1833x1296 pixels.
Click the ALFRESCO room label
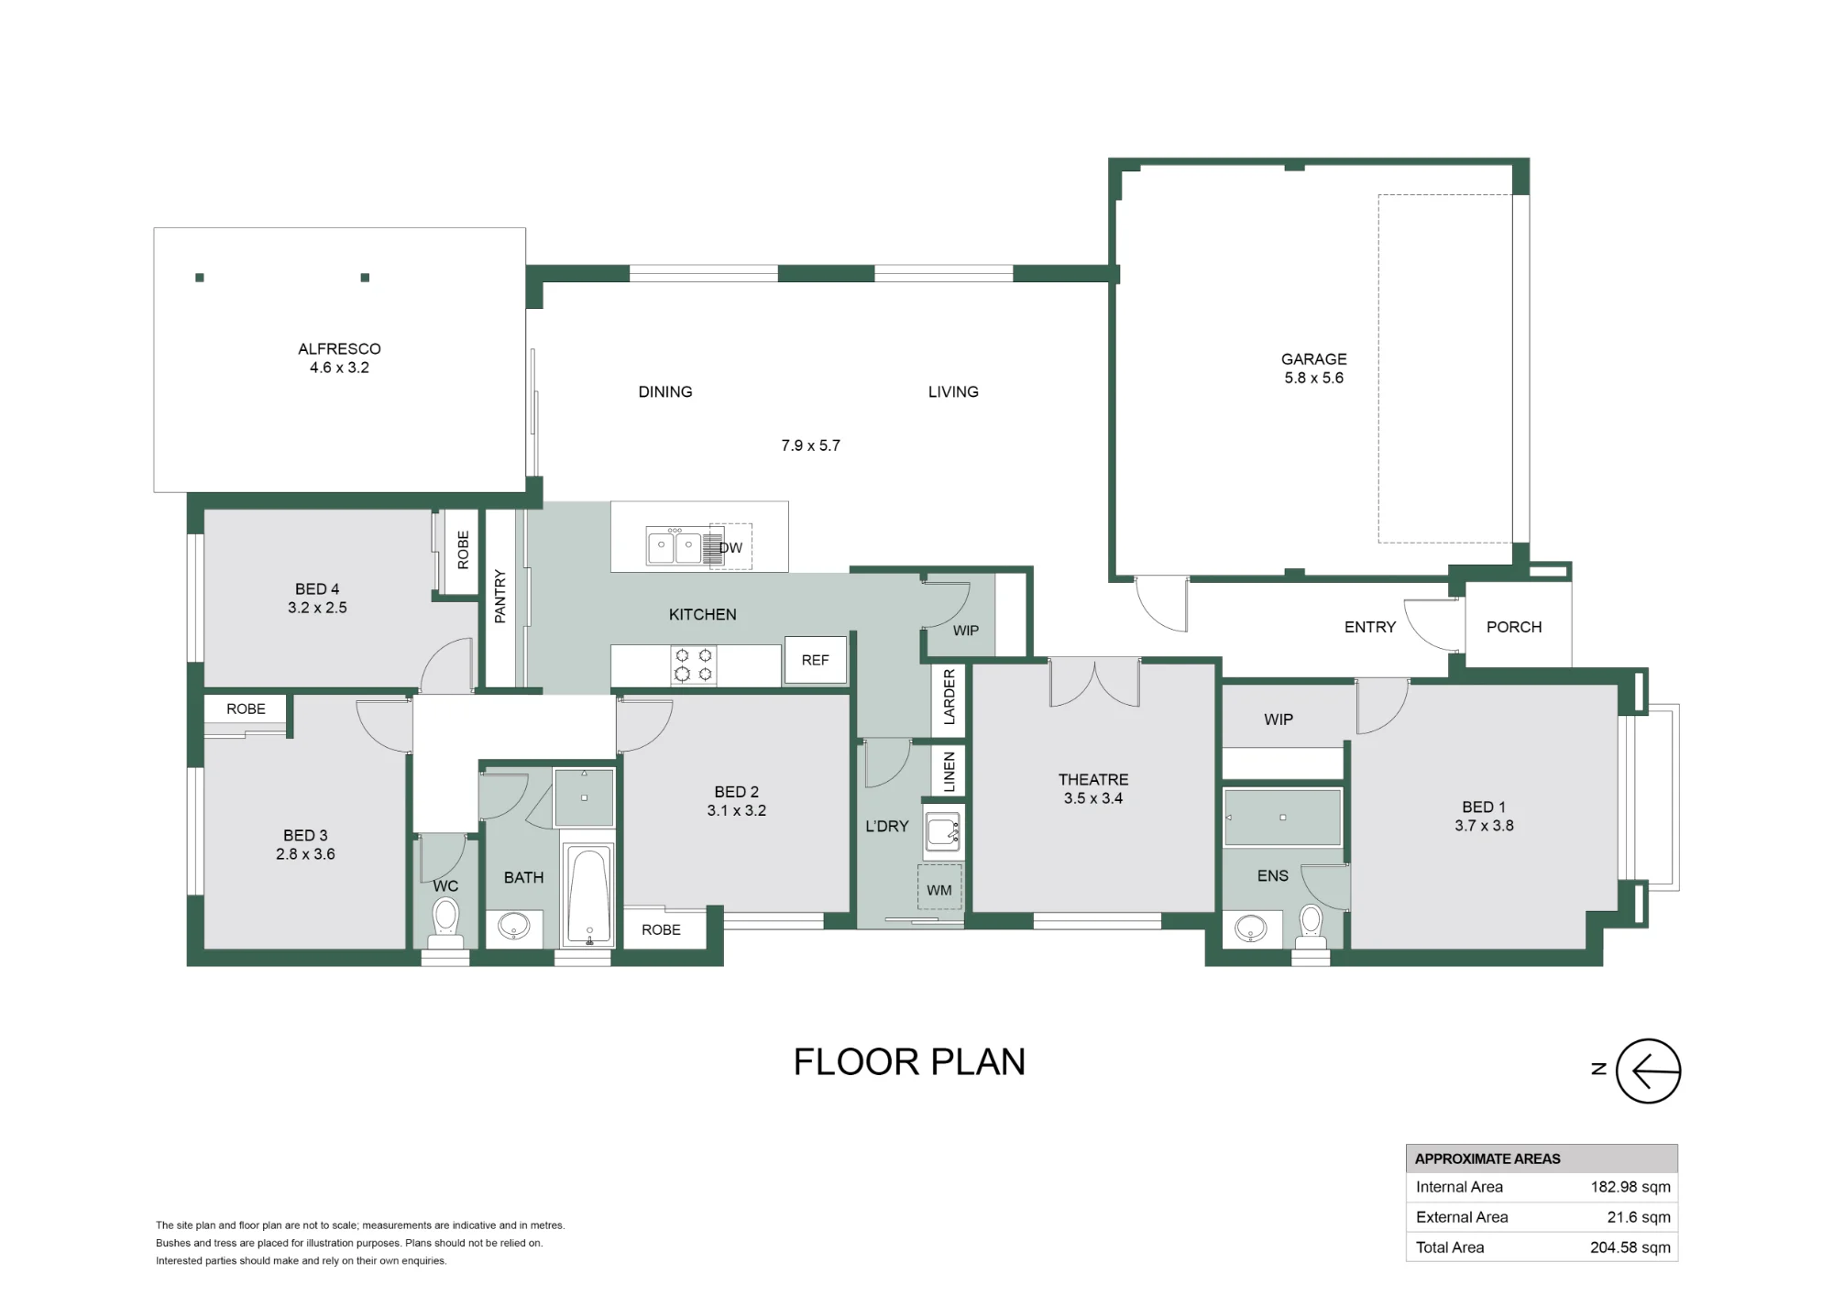(339, 348)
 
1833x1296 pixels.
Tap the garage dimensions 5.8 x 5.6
(1313, 378)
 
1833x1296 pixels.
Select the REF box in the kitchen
(815, 660)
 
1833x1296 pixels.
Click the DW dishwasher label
(730, 548)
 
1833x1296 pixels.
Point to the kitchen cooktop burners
(694, 664)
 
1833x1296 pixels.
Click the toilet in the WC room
(445, 922)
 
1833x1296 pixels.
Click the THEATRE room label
(1093, 779)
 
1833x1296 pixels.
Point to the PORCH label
(1514, 627)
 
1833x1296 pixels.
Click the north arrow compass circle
(1648, 1071)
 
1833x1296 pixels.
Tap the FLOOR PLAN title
(909, 1061)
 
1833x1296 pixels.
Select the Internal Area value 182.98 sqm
(1630, 1187)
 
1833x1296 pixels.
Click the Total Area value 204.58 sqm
(1630, 1247)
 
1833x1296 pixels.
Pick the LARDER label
(949, 697)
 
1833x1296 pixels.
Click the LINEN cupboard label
(949, 772)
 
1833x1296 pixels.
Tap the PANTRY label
(500, 597)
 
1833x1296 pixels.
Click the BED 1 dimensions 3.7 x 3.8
(1484, 825)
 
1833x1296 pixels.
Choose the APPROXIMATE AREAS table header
(1487, 1159)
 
